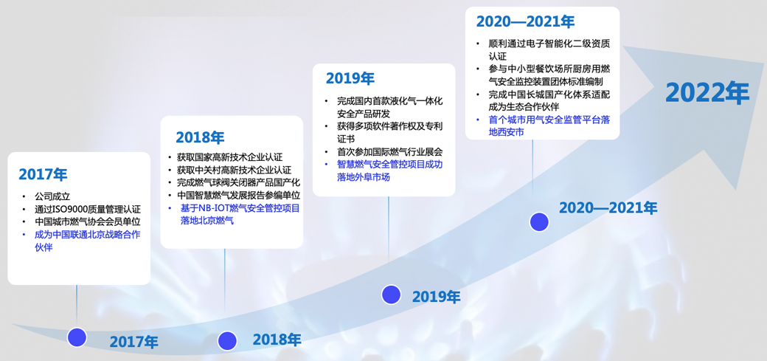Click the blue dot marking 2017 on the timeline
[x=77, y=337]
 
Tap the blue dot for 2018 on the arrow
[x=227, y=340]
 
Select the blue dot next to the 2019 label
[x=391, y=295]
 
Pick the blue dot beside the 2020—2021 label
[x=540, y=222]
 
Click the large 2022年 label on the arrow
[x=707, y=93]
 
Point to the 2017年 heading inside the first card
[x=43, y=174]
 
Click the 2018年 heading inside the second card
[x=200, y=137]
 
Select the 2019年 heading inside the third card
[x=350, y=78]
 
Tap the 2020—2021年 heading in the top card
[x=525, y=21]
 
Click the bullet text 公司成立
[x=52, y=196]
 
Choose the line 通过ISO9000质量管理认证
[x=88, y=209]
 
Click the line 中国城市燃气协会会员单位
[x=88, y=222]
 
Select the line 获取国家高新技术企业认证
[x=230, y=158]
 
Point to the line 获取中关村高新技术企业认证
[x=235, y=171]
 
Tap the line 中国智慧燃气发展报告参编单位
[x=239, y=196]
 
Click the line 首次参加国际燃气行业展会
[x=390, y=152]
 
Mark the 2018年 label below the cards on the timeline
[x=277, y=339]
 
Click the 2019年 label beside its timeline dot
[x=437, y=297]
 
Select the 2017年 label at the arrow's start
[x=134, y=341]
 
